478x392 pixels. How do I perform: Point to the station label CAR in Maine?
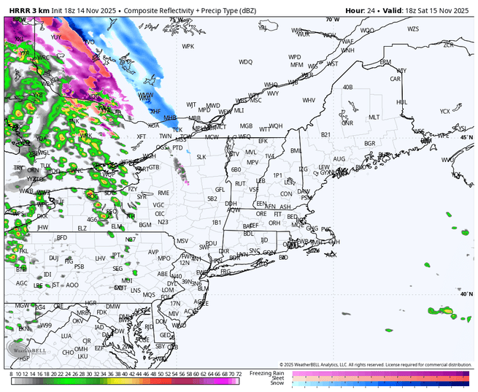pos(396,79)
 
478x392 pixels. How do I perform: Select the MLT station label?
pos(374,117)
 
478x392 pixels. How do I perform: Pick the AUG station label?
pos(339,158)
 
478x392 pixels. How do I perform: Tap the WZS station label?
pos(413,29)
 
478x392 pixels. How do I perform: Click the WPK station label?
pos(188,46)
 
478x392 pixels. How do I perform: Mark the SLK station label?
pos(201,156)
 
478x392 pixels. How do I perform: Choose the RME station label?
pos(163,193)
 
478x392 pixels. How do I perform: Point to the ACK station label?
pos(331,255)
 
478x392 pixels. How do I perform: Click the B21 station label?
pos(325,134)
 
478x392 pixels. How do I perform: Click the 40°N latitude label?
pos(466,294)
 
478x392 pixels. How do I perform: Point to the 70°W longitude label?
pos(333,20)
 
